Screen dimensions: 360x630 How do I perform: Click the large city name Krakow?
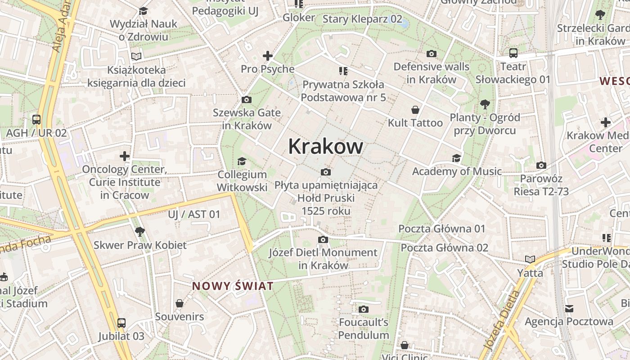click(x=325, y=146)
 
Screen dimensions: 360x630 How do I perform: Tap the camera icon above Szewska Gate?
click(x=247, y=99)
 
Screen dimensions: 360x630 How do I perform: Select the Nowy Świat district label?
click(x=233, y=286)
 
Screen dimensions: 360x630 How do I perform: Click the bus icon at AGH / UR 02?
click(x=36, y=120)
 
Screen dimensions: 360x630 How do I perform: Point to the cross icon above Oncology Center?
click(x=125, y=156)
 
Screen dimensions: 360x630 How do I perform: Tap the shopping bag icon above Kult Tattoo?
click(x=415, y=110)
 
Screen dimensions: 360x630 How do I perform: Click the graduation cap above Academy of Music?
click(x=456, y=158)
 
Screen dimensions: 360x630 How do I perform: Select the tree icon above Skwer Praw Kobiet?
click(x=139, y=232)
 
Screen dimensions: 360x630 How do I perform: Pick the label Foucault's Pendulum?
click(x=364, y=328)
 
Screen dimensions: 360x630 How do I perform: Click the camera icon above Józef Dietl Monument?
click(x=323, y=239)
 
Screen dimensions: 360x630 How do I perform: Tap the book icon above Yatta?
click(x=530, y=260)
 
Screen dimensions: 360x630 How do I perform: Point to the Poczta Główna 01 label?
click(x=442, y=229)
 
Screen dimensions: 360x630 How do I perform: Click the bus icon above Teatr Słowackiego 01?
click(x=513, y=53)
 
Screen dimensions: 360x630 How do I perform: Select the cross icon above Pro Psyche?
click(x=268, y=56)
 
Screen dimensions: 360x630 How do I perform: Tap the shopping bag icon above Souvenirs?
click(x=180, y=303)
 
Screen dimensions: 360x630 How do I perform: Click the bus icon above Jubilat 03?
click(x=121, y=323)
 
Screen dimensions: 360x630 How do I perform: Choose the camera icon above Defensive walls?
click(x=431, y=54)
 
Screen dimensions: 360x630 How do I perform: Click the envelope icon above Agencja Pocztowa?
click(x=569, y=308)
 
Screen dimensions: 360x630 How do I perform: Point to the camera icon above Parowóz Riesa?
click(x=541, y=165)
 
